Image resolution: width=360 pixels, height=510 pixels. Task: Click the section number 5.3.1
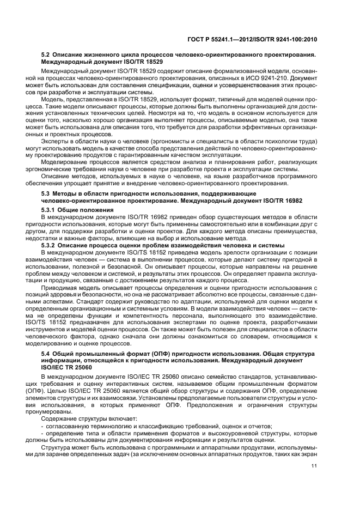50,209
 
